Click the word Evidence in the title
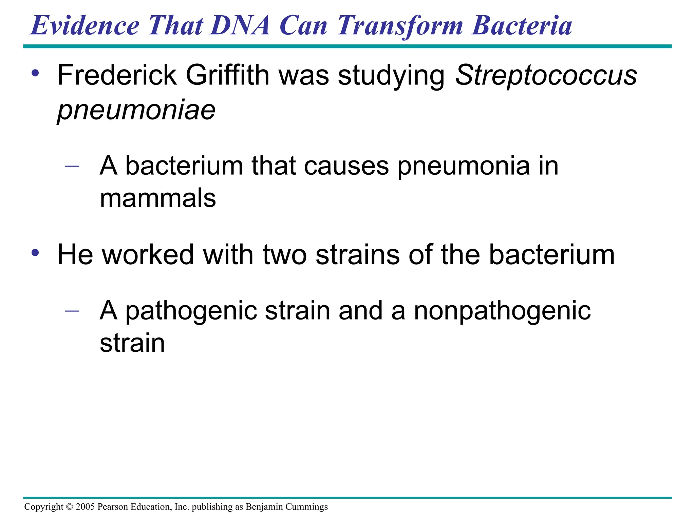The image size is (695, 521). click(x=85, y=26)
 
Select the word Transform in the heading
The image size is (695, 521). click(x=400, y=26)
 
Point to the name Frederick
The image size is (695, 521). click(x=117, y=75)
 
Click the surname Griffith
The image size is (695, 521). click(x=227, y=75)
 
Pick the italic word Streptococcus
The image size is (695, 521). click(x=546, y=76)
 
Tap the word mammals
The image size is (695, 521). click(x=158, y=198)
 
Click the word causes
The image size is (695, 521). click(x=346, y=166)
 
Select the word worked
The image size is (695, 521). click(x=148, y=255)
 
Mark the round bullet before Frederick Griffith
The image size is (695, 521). click(x=35, y=73)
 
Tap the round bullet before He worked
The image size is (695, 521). click(x=35, y=253)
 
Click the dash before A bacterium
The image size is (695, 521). click(x=72, y=166)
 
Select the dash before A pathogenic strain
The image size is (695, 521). click(x=72, y=311)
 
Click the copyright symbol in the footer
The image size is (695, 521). click(x=70, y=507)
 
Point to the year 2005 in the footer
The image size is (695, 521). click(x=85, y=507)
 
